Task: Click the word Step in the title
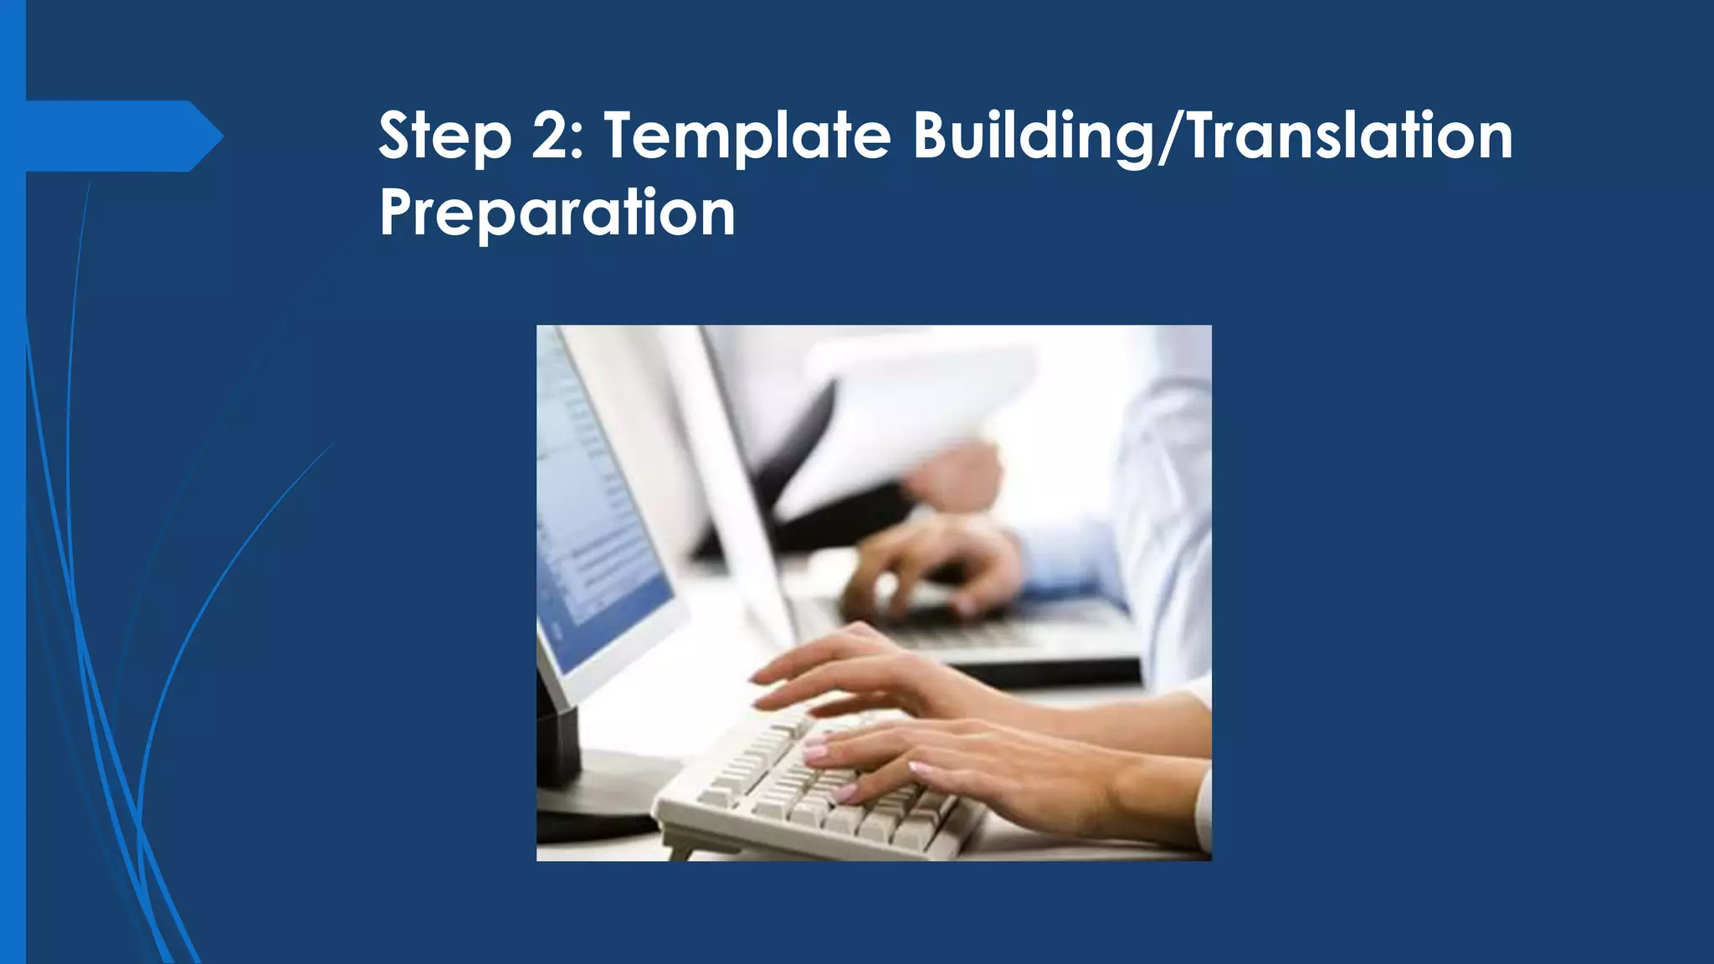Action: pos(444,136)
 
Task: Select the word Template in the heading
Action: pos(747,136)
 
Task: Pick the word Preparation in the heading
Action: pos(557,213)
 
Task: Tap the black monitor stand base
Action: pos(586,795)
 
